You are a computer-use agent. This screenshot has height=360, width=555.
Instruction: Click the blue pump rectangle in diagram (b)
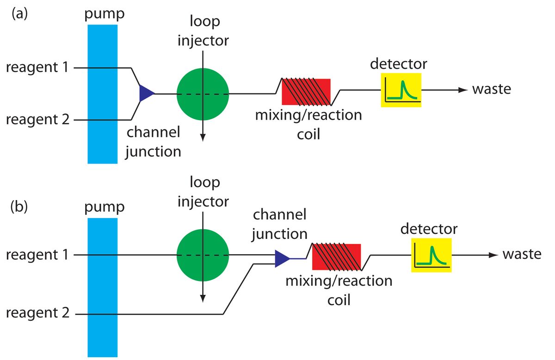(102, 287)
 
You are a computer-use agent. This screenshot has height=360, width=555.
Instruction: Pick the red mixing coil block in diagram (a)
(306, 92)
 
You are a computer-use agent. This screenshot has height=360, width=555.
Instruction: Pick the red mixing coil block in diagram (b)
(337, 257)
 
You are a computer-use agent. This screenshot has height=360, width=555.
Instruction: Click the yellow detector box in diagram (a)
(401, 90)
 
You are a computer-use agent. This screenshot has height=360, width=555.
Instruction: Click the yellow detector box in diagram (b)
(432, 256)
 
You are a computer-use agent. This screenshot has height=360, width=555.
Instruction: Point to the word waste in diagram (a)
(491, 89)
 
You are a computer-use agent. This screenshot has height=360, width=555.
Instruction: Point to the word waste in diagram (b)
(522, 255)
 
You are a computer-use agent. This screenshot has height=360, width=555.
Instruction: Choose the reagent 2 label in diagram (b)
(37, 314)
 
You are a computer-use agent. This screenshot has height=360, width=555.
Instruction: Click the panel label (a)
(20, 13)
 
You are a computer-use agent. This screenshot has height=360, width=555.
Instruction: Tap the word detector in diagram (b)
(429, 229)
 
